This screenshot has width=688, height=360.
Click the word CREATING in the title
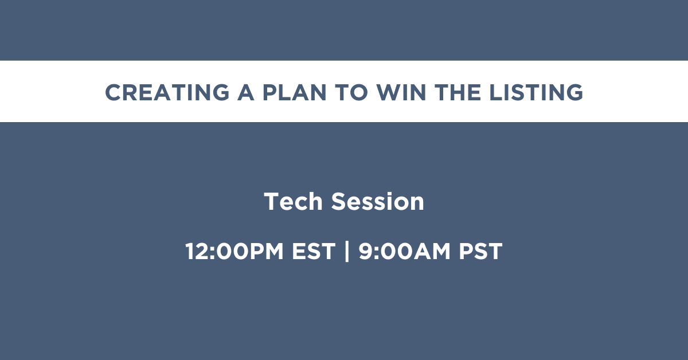tap(167, 92)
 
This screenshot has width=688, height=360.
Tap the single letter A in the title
tap(246, 92)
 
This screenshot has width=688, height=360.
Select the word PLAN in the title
tap(294, 92)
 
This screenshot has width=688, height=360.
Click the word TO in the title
tap(351, 92)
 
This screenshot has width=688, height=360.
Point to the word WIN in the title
tap(401, 92)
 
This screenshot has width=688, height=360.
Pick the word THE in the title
tap(458, 92)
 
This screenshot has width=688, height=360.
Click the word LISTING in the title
tap(536, 92)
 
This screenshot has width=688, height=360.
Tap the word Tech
tap(294, 202)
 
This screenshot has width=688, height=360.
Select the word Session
tap(377, 202)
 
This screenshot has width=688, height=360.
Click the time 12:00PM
tap(234, 251)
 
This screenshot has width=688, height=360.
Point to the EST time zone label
tap(314, 251)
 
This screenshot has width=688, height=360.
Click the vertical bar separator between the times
tap(347, 251)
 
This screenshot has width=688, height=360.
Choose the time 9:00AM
tap(404, 251)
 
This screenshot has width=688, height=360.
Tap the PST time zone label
tap(480, 251)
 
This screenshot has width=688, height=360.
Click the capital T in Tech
tap(272, 202)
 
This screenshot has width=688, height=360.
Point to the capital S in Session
tap(338, 202)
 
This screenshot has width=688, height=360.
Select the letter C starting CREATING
tap(114, 92)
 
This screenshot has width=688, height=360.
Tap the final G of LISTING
tap(574, 92)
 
